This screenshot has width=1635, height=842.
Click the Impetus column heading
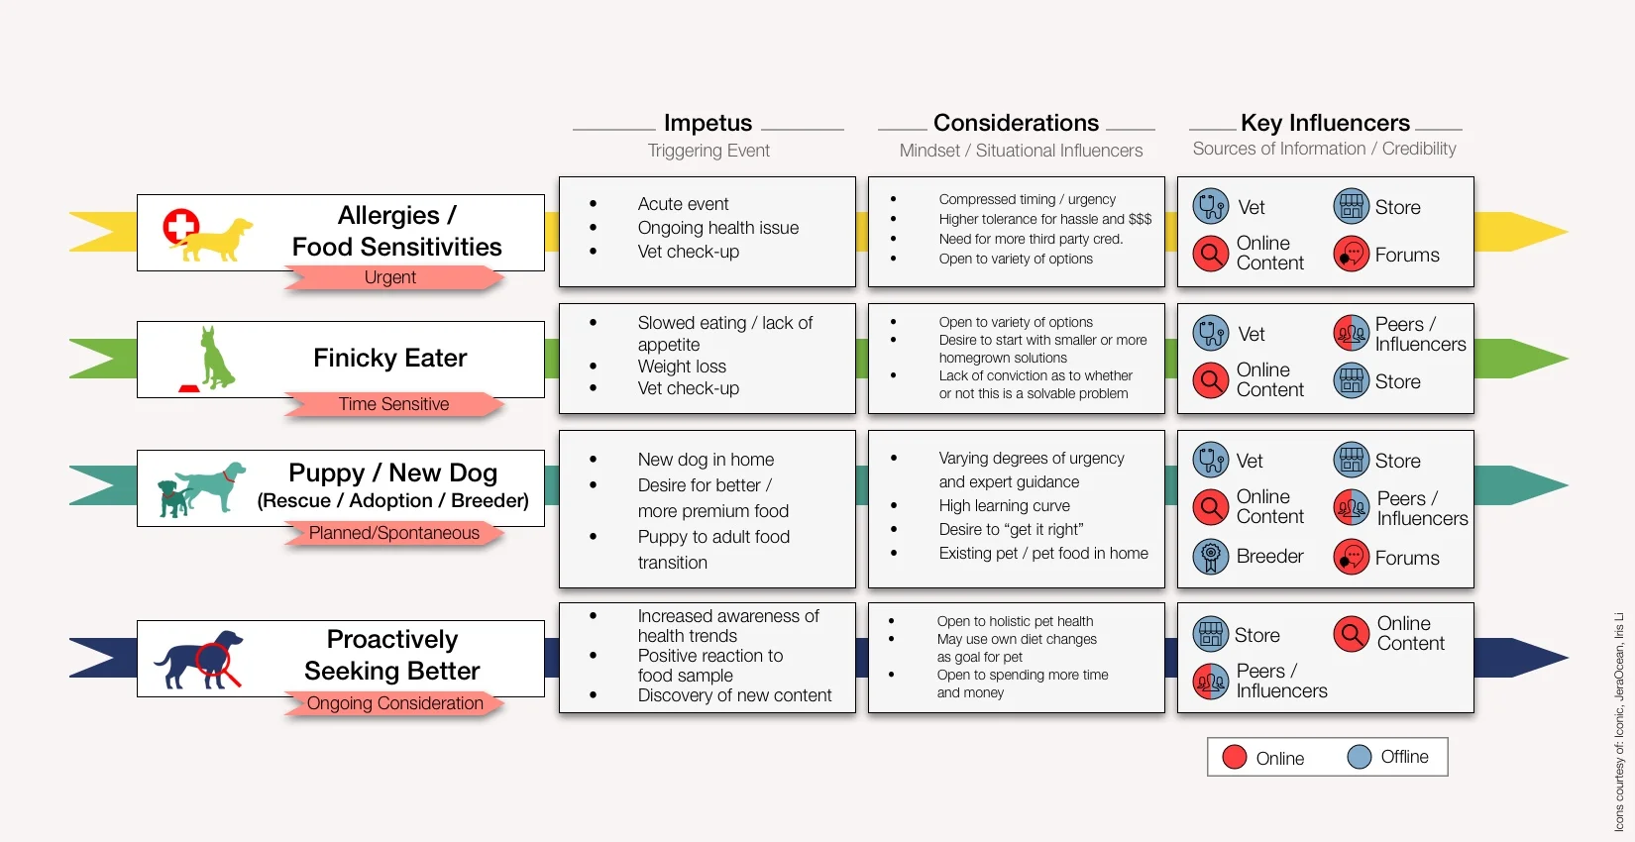point(708,123)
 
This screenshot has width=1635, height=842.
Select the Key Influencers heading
point(1325,123)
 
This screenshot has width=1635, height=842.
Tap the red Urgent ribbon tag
point(390,278)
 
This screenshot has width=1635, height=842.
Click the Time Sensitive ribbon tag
point(393,404)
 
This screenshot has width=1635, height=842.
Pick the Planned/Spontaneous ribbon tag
point(393,533)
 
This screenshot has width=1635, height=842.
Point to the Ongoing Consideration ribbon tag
point(394,703)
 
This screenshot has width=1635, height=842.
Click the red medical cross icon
point(180,226)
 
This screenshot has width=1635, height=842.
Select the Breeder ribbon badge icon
point(1210,557)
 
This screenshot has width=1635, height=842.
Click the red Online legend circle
point(1235,757)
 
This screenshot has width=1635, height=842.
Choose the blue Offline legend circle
point(1360,757)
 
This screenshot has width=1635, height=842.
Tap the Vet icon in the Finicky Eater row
point(1210,334)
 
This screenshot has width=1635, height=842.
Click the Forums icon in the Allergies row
point(1351,255)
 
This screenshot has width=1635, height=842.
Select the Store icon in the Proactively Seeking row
point(1210,635)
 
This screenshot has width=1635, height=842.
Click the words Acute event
point(683,204)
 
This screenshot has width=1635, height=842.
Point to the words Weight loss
point(682,367)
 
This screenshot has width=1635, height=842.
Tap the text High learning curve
point(1004,506)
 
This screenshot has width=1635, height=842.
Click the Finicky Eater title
point(389,359)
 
